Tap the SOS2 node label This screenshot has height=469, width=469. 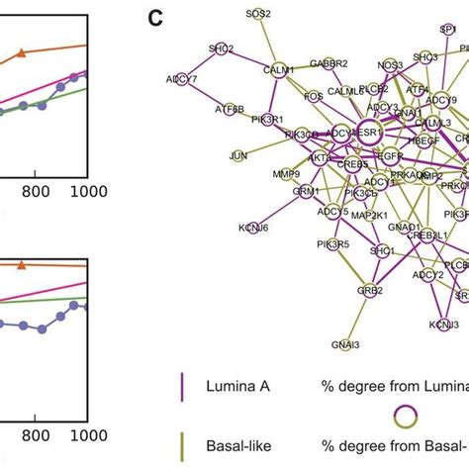259,14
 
